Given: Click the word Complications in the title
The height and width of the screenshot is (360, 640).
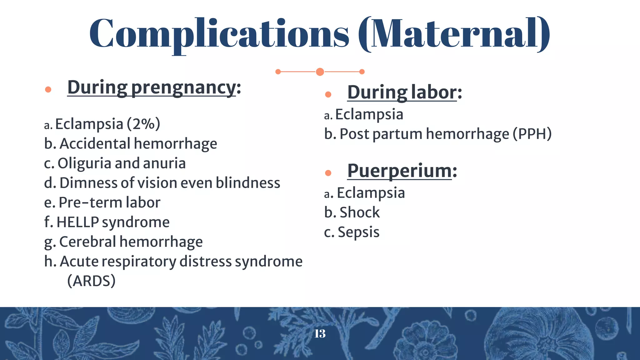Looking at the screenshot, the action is click(219, 34).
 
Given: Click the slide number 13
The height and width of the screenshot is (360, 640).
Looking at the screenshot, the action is click(320, 334).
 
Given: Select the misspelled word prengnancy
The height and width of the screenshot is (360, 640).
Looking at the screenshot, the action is click(183, 87).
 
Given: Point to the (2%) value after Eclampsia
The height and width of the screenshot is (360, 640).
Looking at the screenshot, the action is click(143, 124).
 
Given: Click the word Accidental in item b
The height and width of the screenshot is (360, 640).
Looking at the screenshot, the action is click(95, 144).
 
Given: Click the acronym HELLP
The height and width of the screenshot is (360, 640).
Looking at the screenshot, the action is click(77, 222).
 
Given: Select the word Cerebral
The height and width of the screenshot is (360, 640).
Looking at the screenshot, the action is click(87, 242).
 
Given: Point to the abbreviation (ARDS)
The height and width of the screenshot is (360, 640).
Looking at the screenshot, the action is click(91, 281).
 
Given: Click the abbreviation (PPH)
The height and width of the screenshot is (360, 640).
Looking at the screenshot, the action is click(532, 134).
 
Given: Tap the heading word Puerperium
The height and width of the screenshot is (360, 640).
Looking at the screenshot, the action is click(399, 171).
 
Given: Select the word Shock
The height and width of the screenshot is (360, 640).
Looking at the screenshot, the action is click(359, 212).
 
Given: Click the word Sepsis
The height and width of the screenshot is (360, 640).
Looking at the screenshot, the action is click(358, 232).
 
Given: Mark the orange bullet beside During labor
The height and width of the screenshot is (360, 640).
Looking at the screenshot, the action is click(328, 94).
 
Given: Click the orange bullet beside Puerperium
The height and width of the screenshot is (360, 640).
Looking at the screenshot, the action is click(328, 173).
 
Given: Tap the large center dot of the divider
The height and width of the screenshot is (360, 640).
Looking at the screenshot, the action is click(320, 72).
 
